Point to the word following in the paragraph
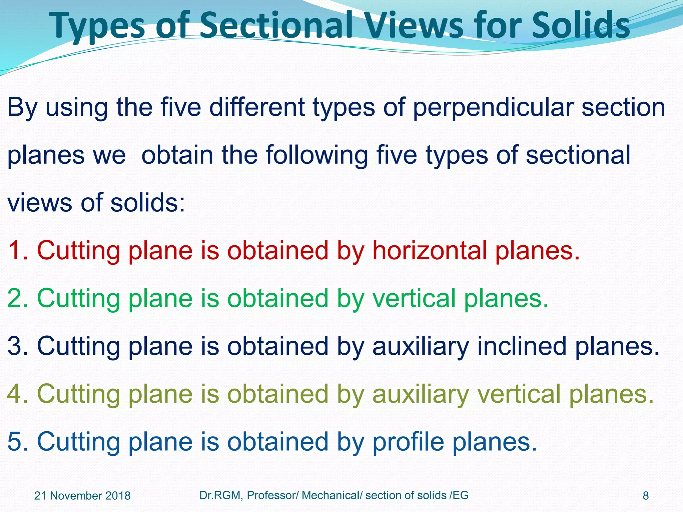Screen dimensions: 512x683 coord(316,156)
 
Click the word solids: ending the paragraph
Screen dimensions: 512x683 coord(147,203)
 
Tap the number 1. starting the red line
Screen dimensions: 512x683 coord(18,251)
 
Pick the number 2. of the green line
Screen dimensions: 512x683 coord(18,298)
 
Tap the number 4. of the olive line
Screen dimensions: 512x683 coord(18,394)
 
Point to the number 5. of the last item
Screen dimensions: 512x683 coord(18,442)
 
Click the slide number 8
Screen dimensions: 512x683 coord(646,496)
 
